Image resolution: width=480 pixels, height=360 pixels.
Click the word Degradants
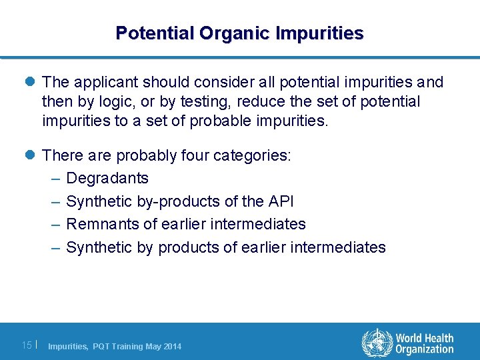coord(107,179)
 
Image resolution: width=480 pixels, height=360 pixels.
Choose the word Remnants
coord(100,224)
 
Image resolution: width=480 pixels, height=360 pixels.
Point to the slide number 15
coord(27,345)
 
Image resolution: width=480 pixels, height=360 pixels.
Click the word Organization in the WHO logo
coord(425,349)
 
